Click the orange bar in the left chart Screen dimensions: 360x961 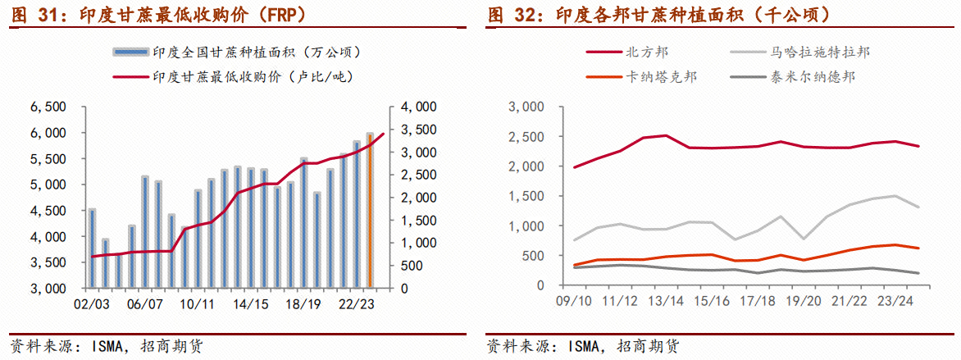(370, 212)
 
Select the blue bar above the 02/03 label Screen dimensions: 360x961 (92, 249)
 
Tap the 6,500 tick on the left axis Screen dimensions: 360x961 (47, 107)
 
